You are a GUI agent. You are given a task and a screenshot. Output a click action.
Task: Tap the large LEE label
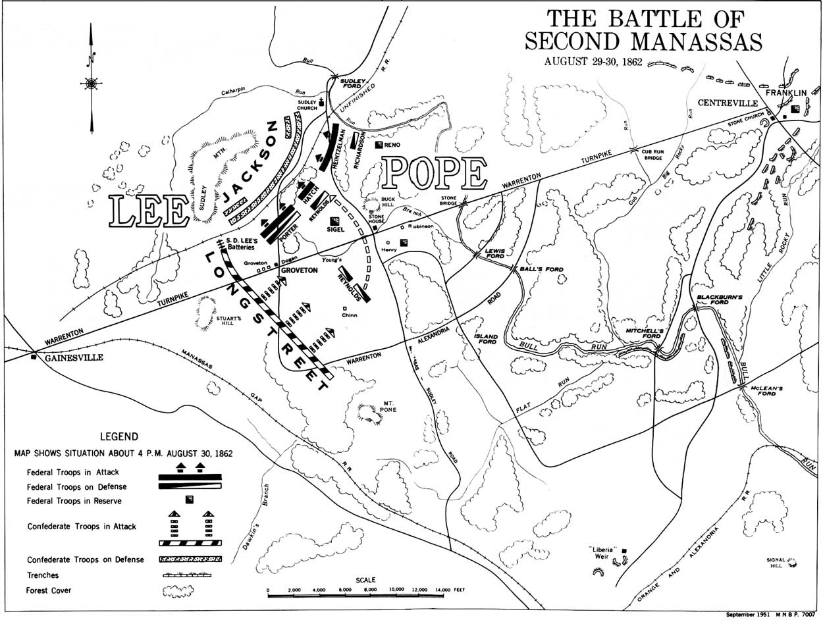click(x=149, y=212)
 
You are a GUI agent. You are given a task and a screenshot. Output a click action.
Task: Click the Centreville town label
click(x=728, y=103)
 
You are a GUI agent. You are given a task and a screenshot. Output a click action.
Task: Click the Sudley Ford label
click(x=352, y=84)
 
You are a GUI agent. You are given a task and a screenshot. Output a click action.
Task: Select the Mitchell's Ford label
click(x=643, y=332)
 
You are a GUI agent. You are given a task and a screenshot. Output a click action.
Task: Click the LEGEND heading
click(x=119, y=436)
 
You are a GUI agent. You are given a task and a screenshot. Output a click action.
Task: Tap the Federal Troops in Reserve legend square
click(x=190, y=500)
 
